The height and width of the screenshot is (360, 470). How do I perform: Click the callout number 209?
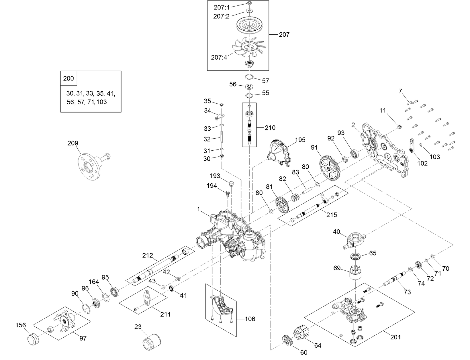point(73,143)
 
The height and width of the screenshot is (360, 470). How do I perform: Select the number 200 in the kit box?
point(68,78)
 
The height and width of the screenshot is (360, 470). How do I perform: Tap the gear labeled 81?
point(281,205)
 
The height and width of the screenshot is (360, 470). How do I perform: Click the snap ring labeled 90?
point(87,309)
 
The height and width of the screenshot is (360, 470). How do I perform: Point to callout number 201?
point(395,337)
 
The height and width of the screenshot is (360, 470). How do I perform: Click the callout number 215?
point(332,215)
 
